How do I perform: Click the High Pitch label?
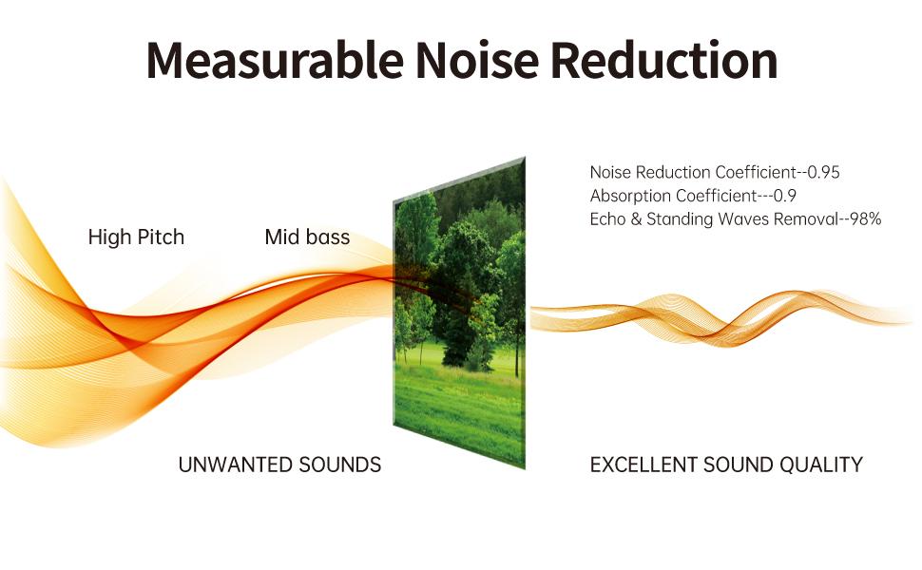click(136, 237)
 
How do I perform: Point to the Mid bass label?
click(307, 237)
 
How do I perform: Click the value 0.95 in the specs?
click(823, 173)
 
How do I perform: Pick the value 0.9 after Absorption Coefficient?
click(784, 197)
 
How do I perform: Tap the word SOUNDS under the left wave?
click(338, 465)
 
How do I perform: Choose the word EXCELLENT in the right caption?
click(643, 465)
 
